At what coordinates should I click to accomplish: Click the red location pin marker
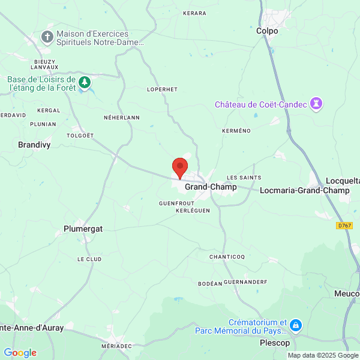[x=180, y=167]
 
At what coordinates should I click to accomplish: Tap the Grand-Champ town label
[x=211, y=187]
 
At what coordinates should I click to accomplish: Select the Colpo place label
[x=267, y=31]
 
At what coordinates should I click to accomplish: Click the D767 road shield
[x=344, y=226]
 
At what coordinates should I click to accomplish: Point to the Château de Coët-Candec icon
[x=316, y=104]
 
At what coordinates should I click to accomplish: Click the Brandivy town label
[x=35, y=145]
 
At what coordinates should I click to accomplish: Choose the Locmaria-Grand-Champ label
[x=305, y=191]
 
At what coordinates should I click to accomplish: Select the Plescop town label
[x=275, y=343]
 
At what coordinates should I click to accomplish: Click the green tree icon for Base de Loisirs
[x=85, y=82]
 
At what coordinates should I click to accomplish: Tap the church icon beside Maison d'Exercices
[x=47, y=38]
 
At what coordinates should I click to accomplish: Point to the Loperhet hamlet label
[x=162, y=89]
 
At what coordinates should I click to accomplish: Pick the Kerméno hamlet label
[x=236, y=130]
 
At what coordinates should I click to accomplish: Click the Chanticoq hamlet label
[x=227, y=257]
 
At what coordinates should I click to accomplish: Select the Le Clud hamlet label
[x=89, y=259]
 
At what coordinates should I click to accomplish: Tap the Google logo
[x=20, y=353]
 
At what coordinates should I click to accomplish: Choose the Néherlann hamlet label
[x=121, y=118]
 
